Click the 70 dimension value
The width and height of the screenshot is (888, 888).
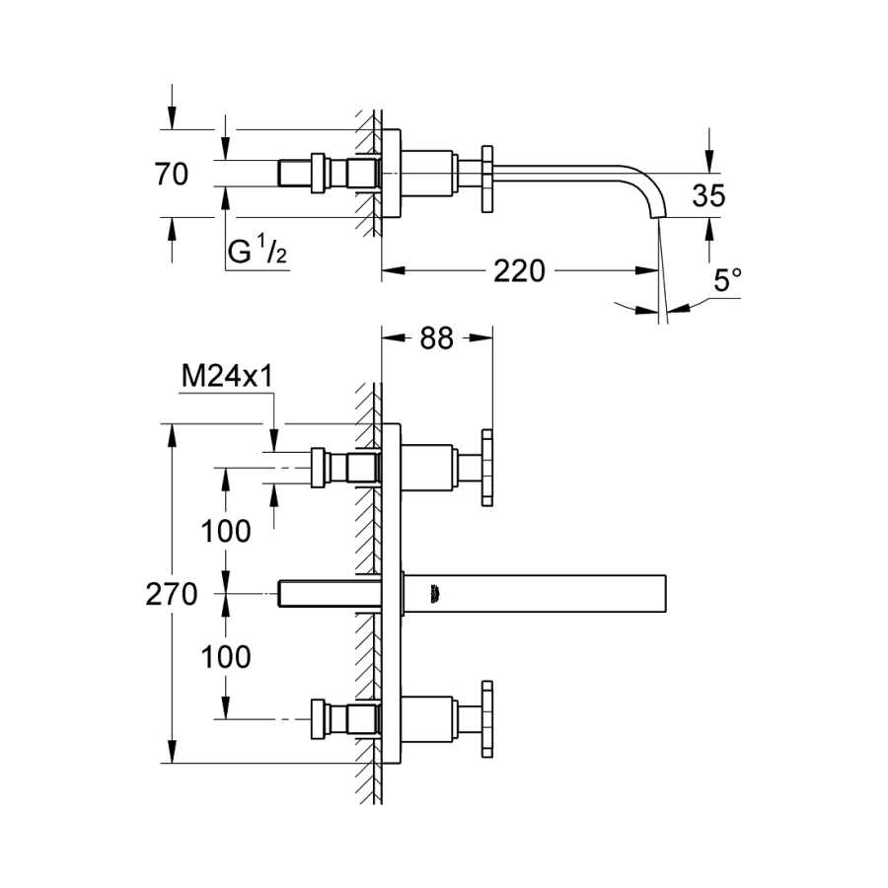click(x=171, y=174)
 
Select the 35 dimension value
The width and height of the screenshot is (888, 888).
click(x=708, y=196)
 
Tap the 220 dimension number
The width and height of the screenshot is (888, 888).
click(x=519, y=270)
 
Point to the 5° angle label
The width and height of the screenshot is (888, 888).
click(x=727, y=280)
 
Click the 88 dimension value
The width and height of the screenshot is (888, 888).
click(x=437, y=338)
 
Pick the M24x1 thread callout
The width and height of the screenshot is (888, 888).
click(x=227, y=376)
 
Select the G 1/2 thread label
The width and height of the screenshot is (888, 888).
click(x=258, y=251)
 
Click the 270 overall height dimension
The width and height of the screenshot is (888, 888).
click(x=172, y=594)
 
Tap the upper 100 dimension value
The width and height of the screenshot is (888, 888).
click(x=226, y=531)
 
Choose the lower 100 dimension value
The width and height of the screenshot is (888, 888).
click(x=226, y=657)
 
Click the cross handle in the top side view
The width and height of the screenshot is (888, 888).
click(x=487, y=180)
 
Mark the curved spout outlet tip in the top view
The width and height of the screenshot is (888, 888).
click(x=658, y=217)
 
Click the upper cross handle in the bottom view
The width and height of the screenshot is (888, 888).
click(x=487, y=468)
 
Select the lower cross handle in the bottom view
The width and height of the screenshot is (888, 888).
click(x=487, y=719)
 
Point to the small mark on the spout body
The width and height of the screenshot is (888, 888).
click(x=435, y=594)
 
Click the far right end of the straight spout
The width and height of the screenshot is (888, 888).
click(x=665, y=594)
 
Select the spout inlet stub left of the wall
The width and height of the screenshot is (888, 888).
click(x=330, y=594)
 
